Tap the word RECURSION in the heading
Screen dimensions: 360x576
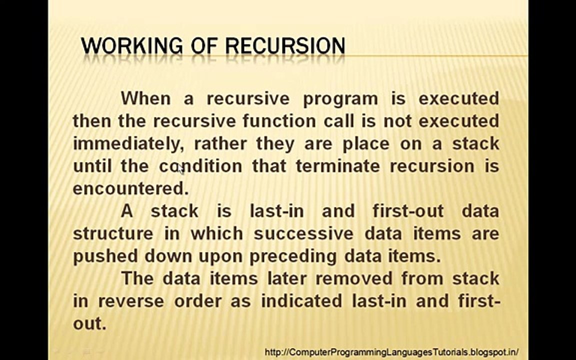pyautogui.click(x=285, y=46)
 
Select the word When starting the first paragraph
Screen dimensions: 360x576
pyautogui.click(x=145, y=98)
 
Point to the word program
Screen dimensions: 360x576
pyautogui.click(x=340, y=98)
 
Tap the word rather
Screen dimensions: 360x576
pyautogui.click(x=220, y=144)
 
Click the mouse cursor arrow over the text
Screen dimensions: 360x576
pyautogui.click(x=181, y=169)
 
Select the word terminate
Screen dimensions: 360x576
pyautogui.click(x=337, y=166)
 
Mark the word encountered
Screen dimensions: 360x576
pyautogui.click(x=130, y=188)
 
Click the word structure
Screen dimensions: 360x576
pyautogui.click(x=113, y=233)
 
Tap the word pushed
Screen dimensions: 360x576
pyautogui.click(x=106, y=256)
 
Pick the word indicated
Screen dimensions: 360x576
pyautogui.click(x=301, y=301)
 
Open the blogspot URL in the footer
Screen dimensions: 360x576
pyautogui.click(x=391, y=352)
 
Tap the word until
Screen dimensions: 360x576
pyautogui.click(x=92, y=166)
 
